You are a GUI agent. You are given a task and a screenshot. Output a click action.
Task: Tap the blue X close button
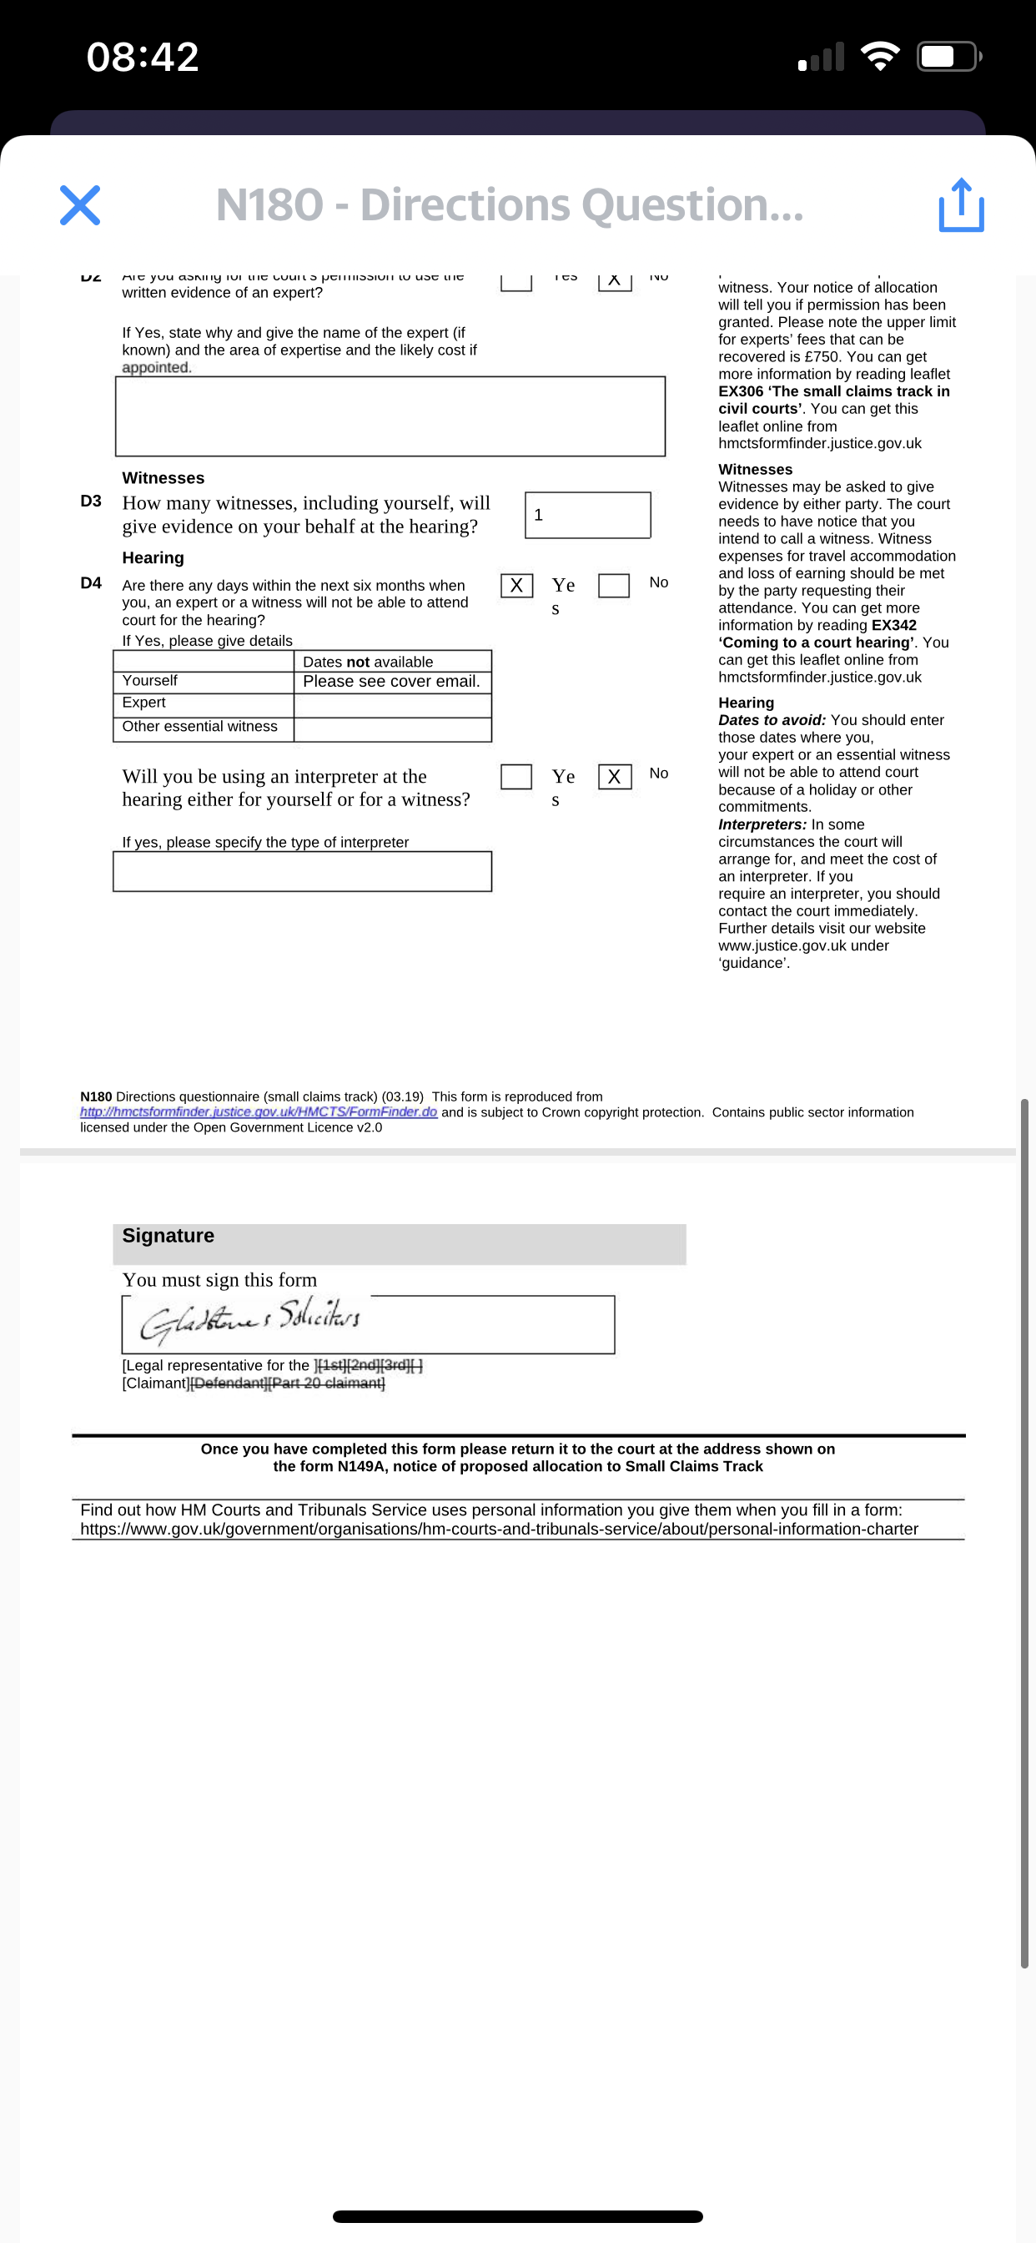[80, 204]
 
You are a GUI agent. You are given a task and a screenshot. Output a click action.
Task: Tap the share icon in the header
[961, 205]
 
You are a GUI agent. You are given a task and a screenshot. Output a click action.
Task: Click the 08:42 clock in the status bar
[143, 58]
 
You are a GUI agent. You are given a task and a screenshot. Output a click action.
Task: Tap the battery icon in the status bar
[948, 58]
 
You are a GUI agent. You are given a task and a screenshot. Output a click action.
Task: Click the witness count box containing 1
[587, 515]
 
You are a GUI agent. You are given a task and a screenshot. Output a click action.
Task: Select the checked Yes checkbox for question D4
[516, 585]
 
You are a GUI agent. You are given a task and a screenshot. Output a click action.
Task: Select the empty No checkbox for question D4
[614, 585]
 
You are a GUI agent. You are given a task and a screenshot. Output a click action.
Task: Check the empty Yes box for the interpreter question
[516, 776]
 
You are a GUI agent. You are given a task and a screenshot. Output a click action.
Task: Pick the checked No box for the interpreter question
[615, 776]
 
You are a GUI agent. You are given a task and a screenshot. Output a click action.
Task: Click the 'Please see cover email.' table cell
[392, 682]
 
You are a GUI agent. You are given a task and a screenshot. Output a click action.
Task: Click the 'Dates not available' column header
[368, 662]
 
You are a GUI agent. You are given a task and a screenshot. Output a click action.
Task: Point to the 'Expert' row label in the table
[144, 703]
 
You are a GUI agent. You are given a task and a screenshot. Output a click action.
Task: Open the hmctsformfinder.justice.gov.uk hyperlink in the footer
[259, 1112]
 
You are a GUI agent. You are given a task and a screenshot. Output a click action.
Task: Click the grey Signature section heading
[168, 1237]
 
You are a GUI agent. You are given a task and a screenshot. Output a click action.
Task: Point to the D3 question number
[91, 502]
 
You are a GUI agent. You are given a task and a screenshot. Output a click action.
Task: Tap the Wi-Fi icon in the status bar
[880, 58]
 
